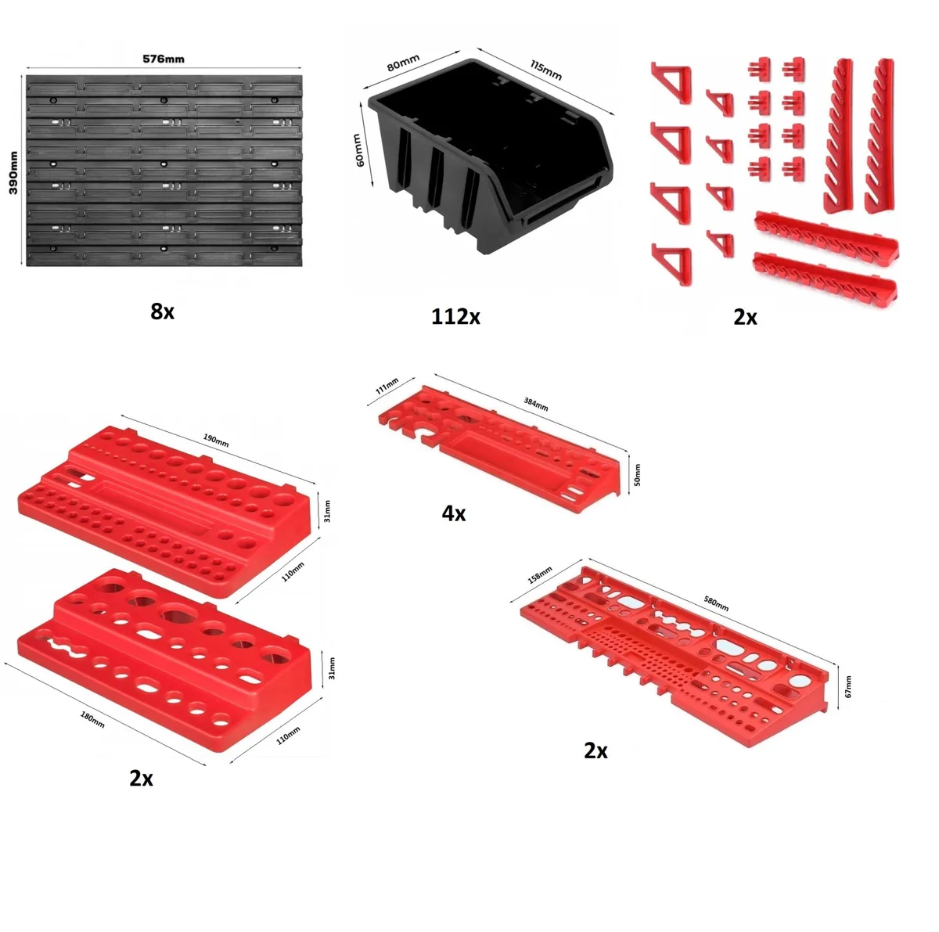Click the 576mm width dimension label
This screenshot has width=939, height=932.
coord(164,59)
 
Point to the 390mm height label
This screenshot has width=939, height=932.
coord(13,173)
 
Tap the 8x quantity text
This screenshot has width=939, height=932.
coord(162,311)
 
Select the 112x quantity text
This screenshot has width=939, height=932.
coord(455,317)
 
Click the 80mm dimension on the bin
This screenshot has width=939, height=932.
coord(403,63)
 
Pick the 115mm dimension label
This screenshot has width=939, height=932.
coord(545,70)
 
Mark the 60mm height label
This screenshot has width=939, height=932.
coord(358,150)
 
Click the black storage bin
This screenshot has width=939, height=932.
coord(489,156)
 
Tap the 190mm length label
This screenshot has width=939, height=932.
coord(216,440)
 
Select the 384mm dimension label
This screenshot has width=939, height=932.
coord(536,404)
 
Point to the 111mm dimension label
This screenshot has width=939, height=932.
coord(387,385)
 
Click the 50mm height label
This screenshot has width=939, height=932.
coord(638,475)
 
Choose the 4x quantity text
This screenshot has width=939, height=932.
coord(454,514)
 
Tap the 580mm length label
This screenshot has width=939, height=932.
coord(715,603)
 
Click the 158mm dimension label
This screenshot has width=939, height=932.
coord(540,574)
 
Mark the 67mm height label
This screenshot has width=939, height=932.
coord(848,686)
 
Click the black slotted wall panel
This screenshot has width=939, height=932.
coord(164,171)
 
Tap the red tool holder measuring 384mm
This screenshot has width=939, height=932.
coord(499,448)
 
